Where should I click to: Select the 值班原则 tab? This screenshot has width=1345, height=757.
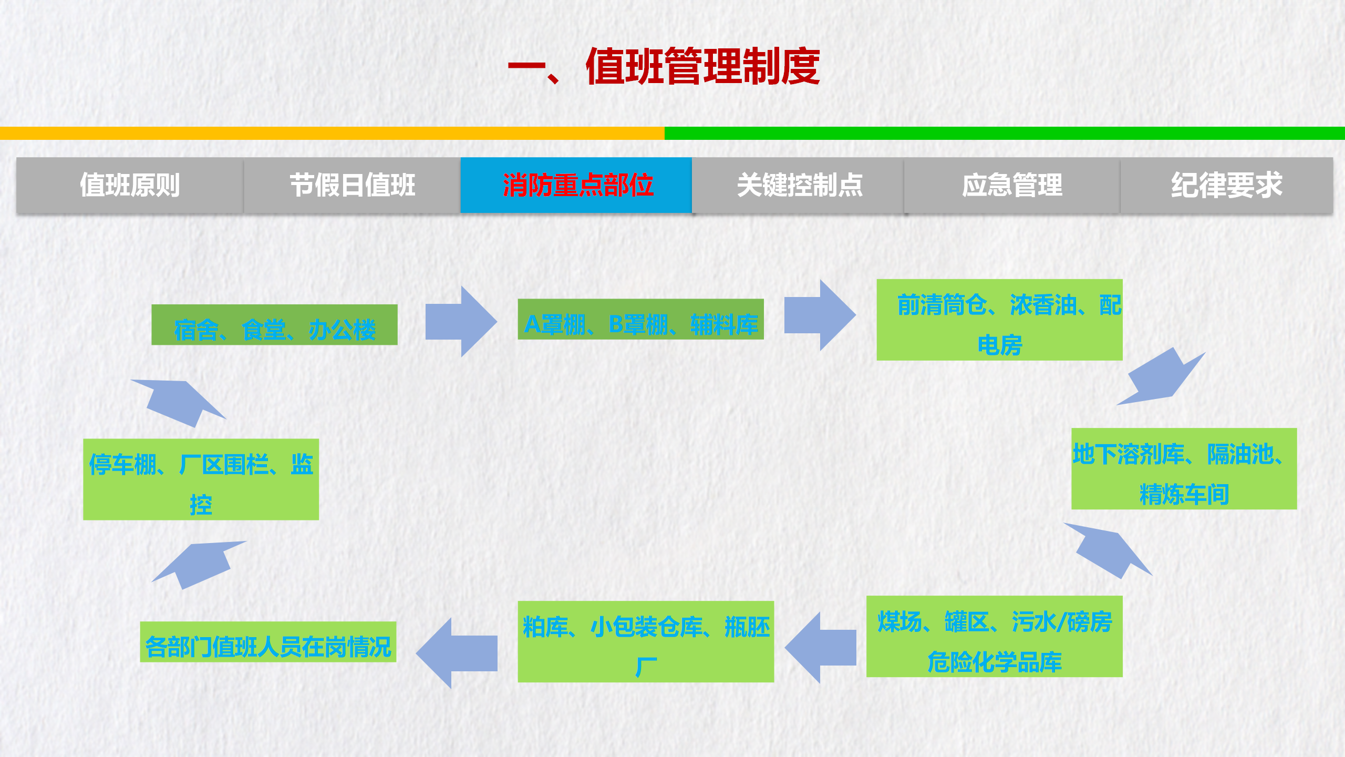[130, 185]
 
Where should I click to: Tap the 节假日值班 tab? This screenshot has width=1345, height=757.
[353, 185]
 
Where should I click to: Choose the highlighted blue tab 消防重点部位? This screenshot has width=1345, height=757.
[576, 185]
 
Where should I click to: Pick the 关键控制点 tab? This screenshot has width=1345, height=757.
[799, 185]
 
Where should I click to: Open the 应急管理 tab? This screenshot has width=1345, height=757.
[1012, 185]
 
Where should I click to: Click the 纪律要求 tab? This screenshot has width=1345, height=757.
[1226, 185]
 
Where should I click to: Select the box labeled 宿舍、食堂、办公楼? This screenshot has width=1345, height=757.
[274, 325]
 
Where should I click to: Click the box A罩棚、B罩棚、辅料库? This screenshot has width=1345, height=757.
[640, 319]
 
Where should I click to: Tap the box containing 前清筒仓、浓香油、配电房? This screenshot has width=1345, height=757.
[999, 320]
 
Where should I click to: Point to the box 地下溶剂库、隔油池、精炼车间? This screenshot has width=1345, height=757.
[1184, 469]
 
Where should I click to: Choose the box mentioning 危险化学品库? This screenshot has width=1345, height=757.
[994, 636]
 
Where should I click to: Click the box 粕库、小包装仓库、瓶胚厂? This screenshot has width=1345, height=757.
[646, 641]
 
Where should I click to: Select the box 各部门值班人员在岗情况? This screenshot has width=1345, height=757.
[268, 642]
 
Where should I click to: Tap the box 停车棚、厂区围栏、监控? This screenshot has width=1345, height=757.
[201, 479]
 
